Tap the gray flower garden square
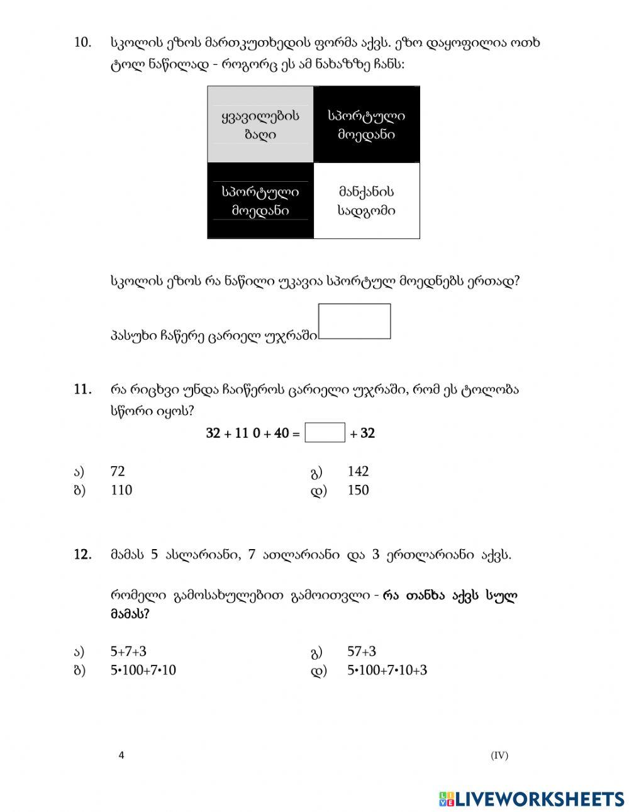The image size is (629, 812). pyautogui.click(x=260, y=125)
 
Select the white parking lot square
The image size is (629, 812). pyautogui.click(x=366, y=201)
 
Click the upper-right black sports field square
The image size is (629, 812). pyautogui.click(x=366, y=125)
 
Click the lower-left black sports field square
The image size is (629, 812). pyautogui.click(x=260, y=201)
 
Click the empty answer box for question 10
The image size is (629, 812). pyautogui.click(x=354, y=321)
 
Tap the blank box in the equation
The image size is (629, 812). pyautogui.click(x=325, y=433)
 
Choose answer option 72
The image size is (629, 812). pyautogui.click(x=118, y=471)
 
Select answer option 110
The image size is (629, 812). pyautogui.click(x=121, y=490)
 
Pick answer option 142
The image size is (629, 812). pyautogui.click(x=358, y=471)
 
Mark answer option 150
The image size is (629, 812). pyautogui.click(x=358, y=490)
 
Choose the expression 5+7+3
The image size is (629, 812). pyautogui.click(x=132, y=652)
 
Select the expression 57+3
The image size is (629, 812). pyautogui.click(x=362, y=652)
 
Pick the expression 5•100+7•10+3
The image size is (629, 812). pyautogui.click(x=387, y=670)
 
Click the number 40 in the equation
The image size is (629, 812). pyautogui.click(x=281, y=433)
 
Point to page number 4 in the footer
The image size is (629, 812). pyautogui.click(x=121, y=755)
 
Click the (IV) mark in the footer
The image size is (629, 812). pyautogui.click(x=499, y=755)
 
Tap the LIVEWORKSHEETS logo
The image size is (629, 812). pyautogui.click(x=531, y=798)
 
